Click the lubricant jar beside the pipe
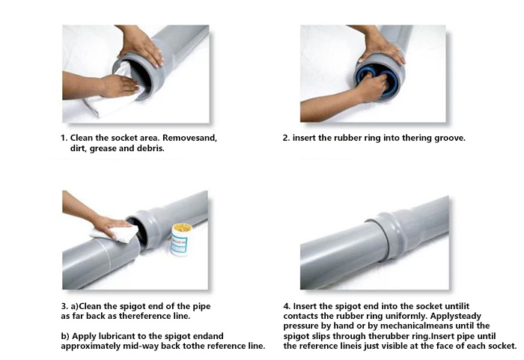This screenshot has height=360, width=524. click(x=181, y=240)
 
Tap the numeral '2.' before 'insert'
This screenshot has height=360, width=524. click(x=286, y=138)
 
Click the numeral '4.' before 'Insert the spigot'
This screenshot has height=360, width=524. click(x=287, y=306)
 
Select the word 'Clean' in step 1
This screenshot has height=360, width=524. click(x=81, y=138)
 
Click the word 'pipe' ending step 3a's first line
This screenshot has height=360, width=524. click(x=201, y=307)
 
